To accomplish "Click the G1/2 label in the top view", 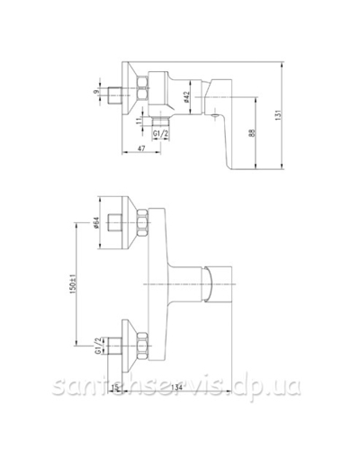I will click(163, 136).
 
